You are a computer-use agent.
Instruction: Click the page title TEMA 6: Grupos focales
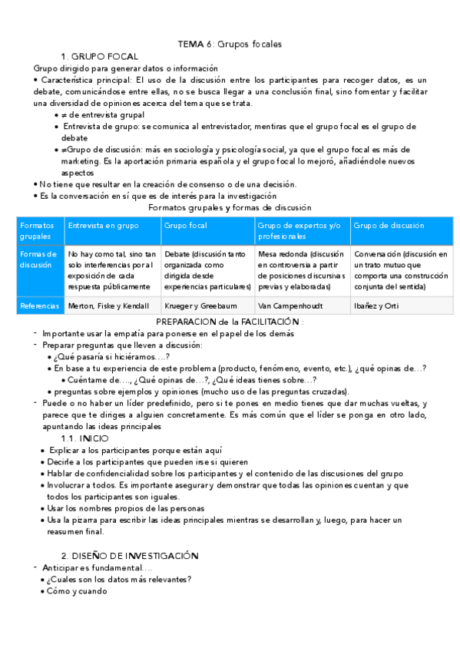230,44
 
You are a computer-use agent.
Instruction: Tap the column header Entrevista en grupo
104,226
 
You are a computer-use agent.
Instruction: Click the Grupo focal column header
185,226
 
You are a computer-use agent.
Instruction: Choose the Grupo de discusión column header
389,226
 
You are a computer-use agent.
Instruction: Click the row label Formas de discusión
39,259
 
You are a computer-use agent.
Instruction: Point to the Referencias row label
39,306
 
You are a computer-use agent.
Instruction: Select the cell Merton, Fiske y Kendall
108,306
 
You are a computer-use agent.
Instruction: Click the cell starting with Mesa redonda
301,270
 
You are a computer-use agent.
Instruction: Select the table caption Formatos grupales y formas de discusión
230,207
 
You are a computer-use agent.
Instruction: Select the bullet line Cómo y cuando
77,591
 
